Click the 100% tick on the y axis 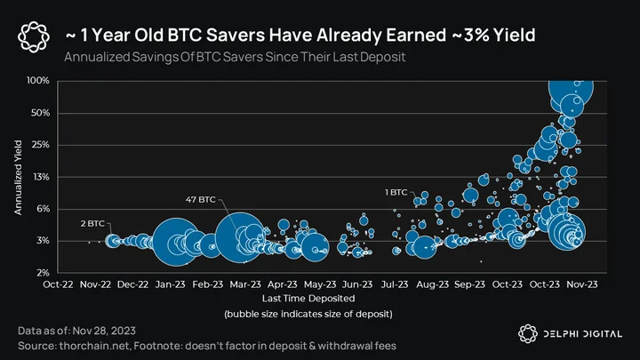38,80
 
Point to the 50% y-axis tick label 40,113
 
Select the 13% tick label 41,177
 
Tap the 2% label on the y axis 44,272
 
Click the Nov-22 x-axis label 95,284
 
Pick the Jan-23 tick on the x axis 170,284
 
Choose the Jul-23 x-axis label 395,284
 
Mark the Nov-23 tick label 582,284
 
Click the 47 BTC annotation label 200,200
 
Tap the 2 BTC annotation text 92,224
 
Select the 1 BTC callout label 396,192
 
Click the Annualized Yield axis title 18,177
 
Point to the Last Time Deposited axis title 308,299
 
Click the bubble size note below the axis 308,314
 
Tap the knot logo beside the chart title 34,37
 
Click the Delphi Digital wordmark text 583,334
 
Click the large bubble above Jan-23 176,242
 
